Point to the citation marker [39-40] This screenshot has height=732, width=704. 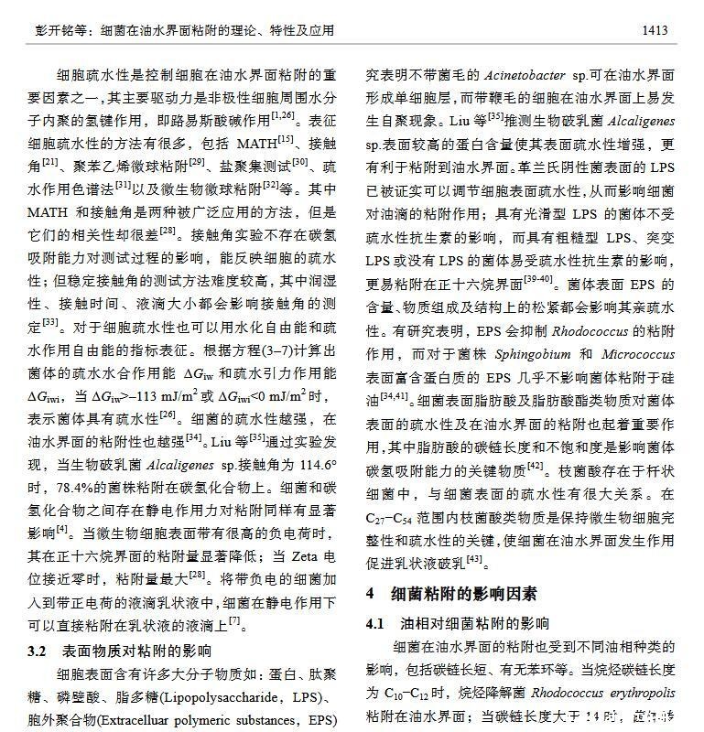(x=536, y=278)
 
